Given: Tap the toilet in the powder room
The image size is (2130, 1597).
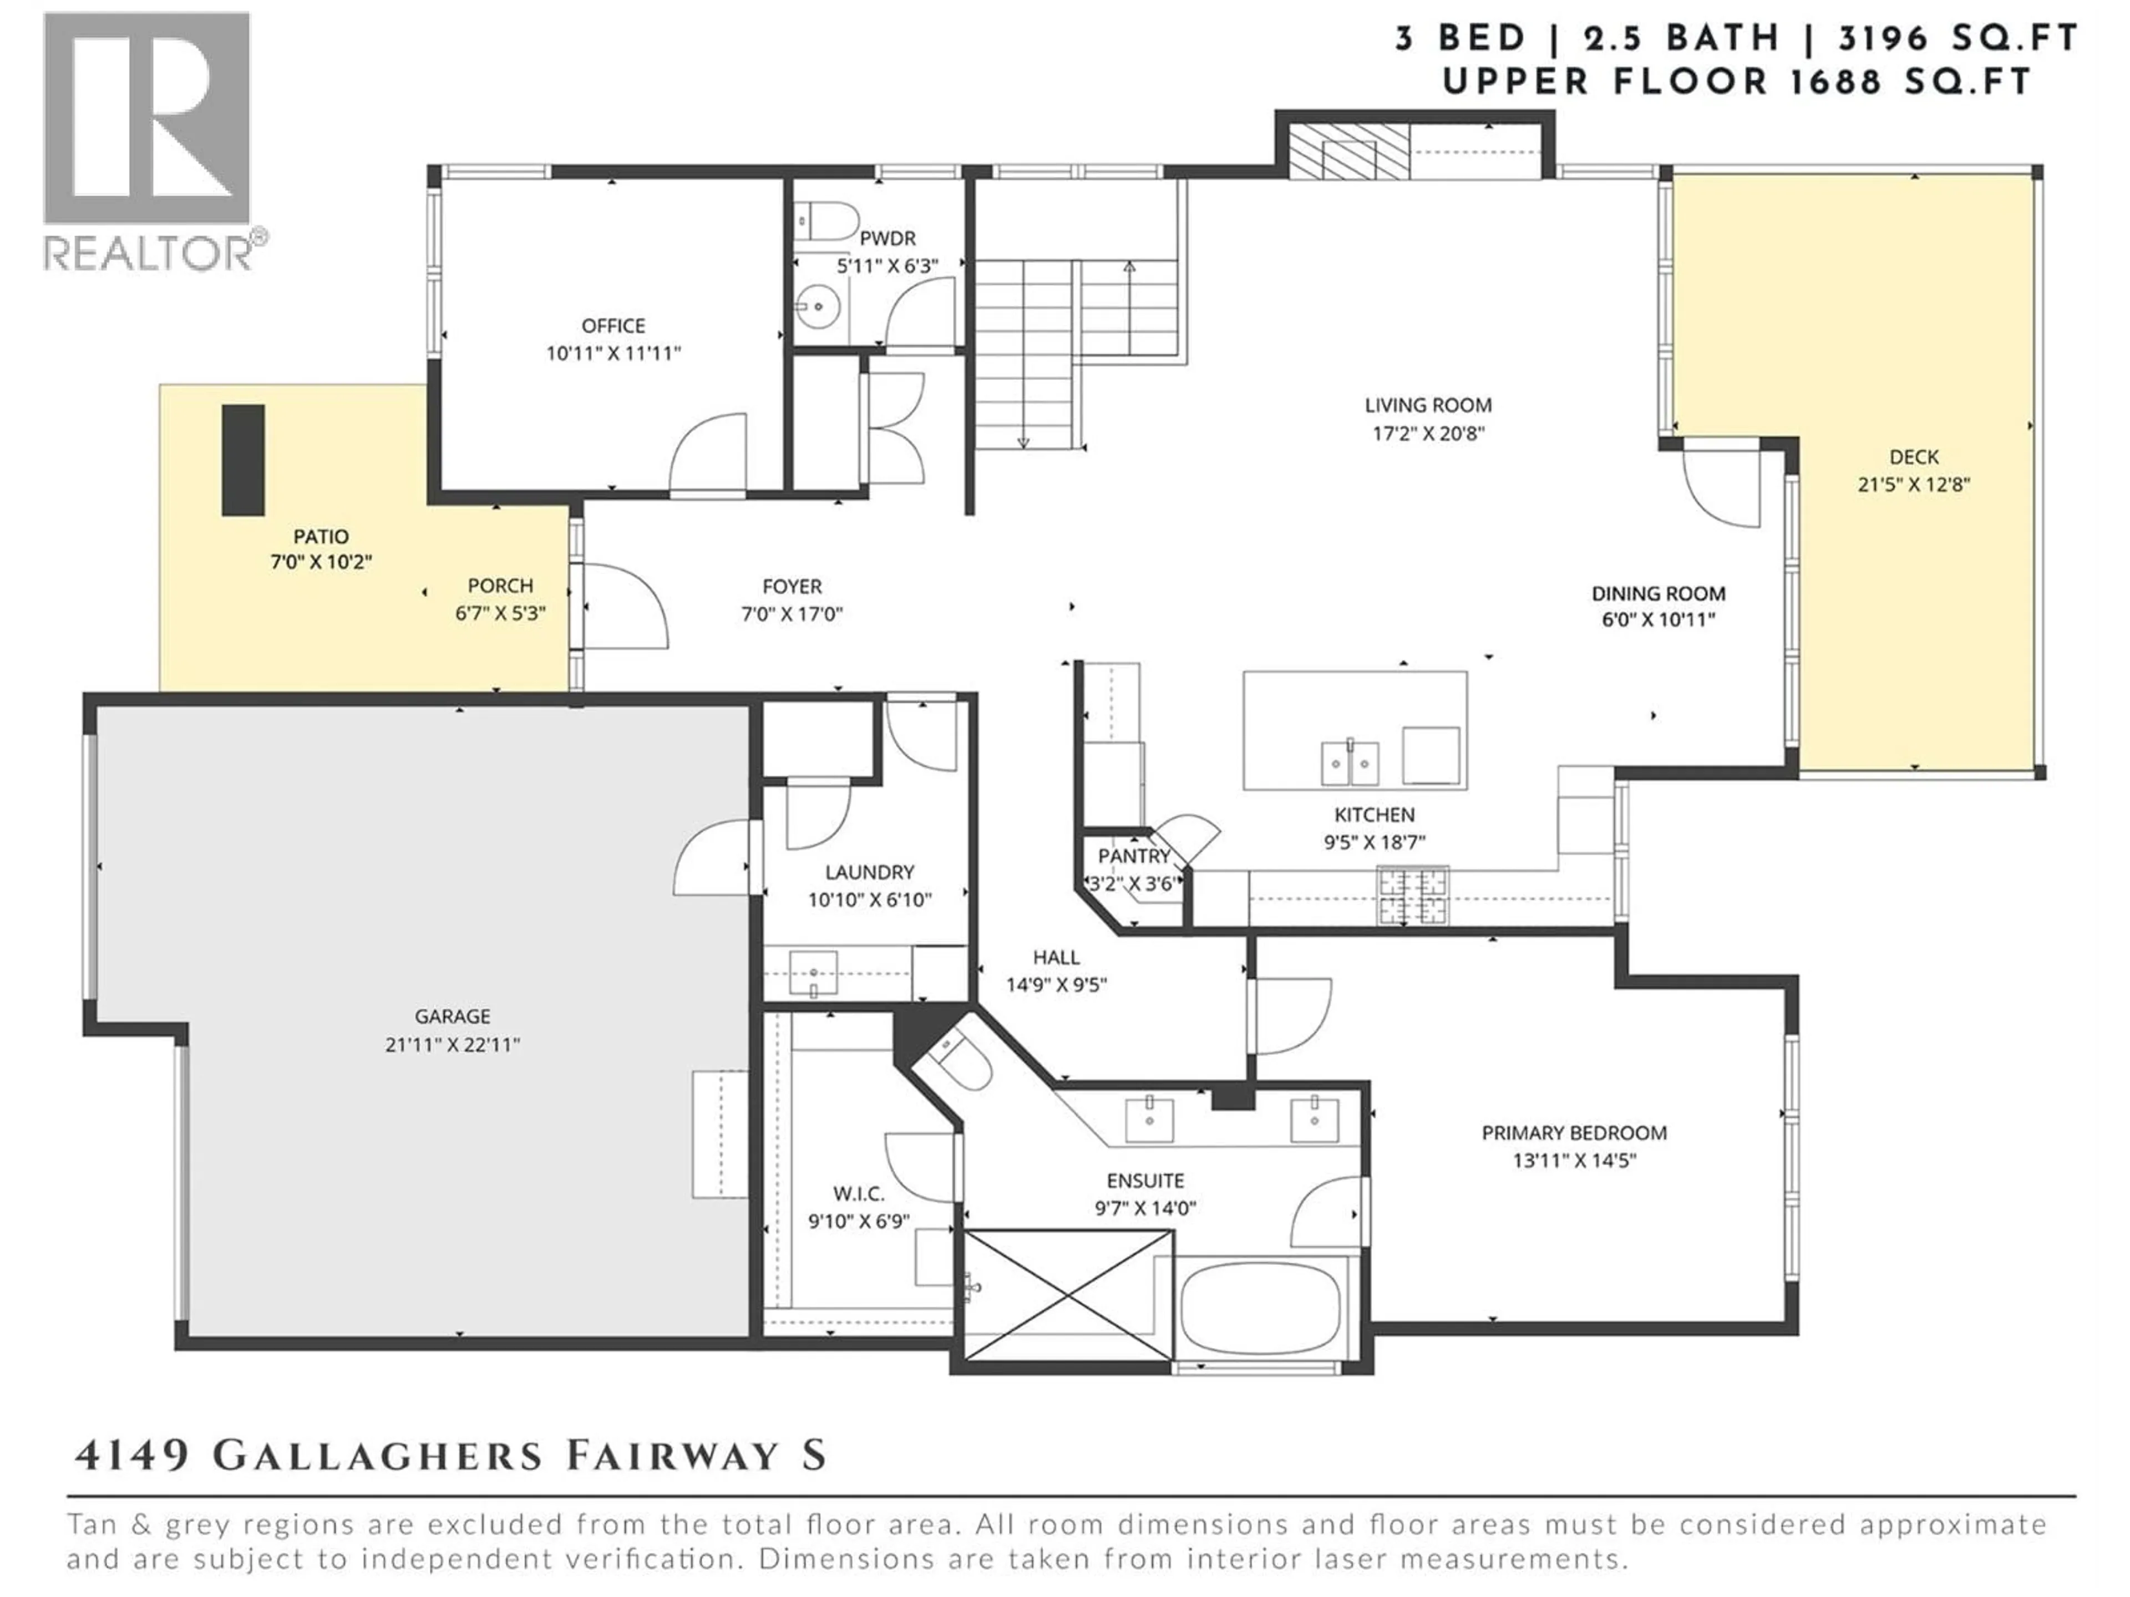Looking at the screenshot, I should (x=828, y=221).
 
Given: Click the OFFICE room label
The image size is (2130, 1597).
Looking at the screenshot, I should (x=613, y=325).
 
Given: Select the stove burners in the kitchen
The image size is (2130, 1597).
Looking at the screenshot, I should (x=1413, y=895).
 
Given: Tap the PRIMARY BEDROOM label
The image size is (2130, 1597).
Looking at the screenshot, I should (x=1574, y=1133).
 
